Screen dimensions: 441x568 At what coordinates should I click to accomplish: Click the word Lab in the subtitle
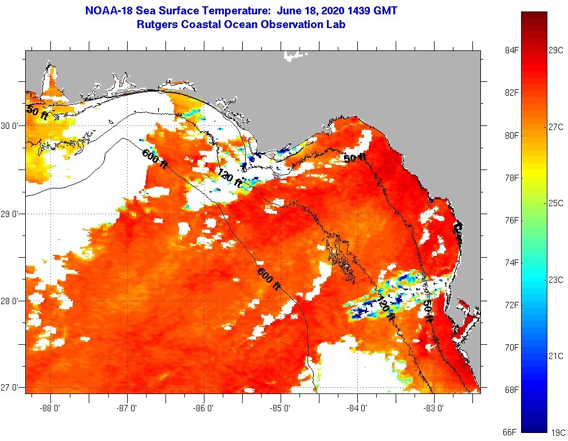tap(336, 24)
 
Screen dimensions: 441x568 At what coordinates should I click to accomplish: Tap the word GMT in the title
tap(385, 10)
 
